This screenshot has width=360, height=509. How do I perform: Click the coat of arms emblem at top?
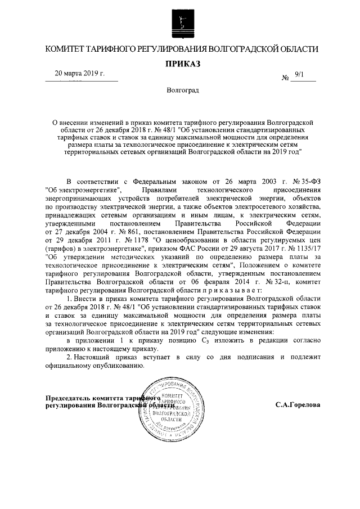180,23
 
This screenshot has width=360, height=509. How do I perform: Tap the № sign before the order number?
285,78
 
